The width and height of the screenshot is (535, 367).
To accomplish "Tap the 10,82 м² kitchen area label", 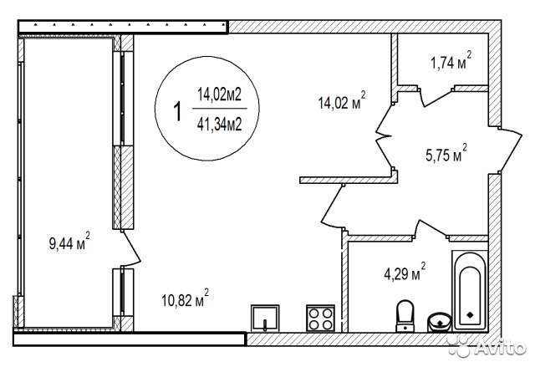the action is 185,298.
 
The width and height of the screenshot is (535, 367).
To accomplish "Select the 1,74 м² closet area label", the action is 451,61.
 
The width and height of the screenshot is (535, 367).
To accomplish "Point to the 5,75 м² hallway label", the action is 446,153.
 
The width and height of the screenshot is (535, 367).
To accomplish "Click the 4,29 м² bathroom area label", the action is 405,271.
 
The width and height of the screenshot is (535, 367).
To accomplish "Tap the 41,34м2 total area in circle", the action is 219,124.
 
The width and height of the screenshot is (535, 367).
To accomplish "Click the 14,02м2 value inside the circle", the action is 219,94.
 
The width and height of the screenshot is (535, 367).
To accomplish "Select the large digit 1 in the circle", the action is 177,111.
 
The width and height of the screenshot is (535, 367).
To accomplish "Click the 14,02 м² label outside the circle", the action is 342,100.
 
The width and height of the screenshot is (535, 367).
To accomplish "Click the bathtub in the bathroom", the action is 470,291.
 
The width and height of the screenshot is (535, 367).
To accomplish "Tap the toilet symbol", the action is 405,316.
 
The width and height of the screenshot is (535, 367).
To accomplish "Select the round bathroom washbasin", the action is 440,322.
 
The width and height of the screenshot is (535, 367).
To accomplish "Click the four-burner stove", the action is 320,318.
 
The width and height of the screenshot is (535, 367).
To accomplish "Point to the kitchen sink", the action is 265,318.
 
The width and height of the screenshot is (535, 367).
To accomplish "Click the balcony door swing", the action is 131,248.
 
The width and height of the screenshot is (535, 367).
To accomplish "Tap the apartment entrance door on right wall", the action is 510,151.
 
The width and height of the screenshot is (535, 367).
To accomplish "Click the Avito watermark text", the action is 500,348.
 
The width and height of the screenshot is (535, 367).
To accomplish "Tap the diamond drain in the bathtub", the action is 470,314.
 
